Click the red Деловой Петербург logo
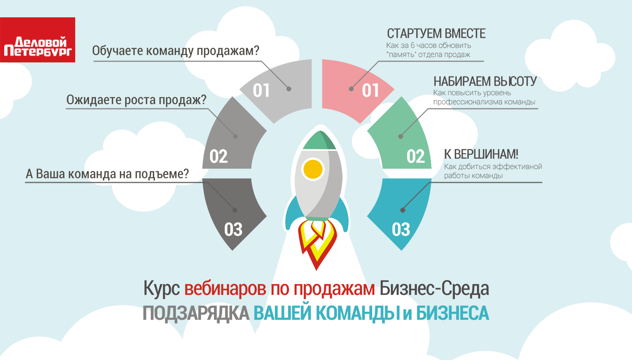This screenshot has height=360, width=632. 38,40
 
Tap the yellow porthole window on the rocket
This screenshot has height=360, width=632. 313,169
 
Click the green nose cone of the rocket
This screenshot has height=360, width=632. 319,140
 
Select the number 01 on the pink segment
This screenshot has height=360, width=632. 370,91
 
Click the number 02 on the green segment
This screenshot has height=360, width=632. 416,156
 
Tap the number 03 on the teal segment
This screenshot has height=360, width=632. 401,229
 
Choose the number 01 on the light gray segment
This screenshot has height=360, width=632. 261,91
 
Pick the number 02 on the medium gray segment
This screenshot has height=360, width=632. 218,156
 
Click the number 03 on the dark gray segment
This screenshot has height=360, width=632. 233,229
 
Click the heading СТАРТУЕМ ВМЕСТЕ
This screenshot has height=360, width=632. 436,33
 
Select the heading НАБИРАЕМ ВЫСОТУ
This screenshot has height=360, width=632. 485,81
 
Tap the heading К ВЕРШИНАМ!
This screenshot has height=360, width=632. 481,154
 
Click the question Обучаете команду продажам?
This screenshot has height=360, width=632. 175,51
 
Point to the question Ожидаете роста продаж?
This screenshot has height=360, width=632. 136,100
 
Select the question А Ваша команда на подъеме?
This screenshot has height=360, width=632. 107,174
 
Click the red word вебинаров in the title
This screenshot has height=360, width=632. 225,288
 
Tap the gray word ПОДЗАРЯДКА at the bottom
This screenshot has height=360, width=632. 196,313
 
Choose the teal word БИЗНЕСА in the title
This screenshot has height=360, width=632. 453,313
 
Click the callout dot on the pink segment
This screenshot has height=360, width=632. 351,89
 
